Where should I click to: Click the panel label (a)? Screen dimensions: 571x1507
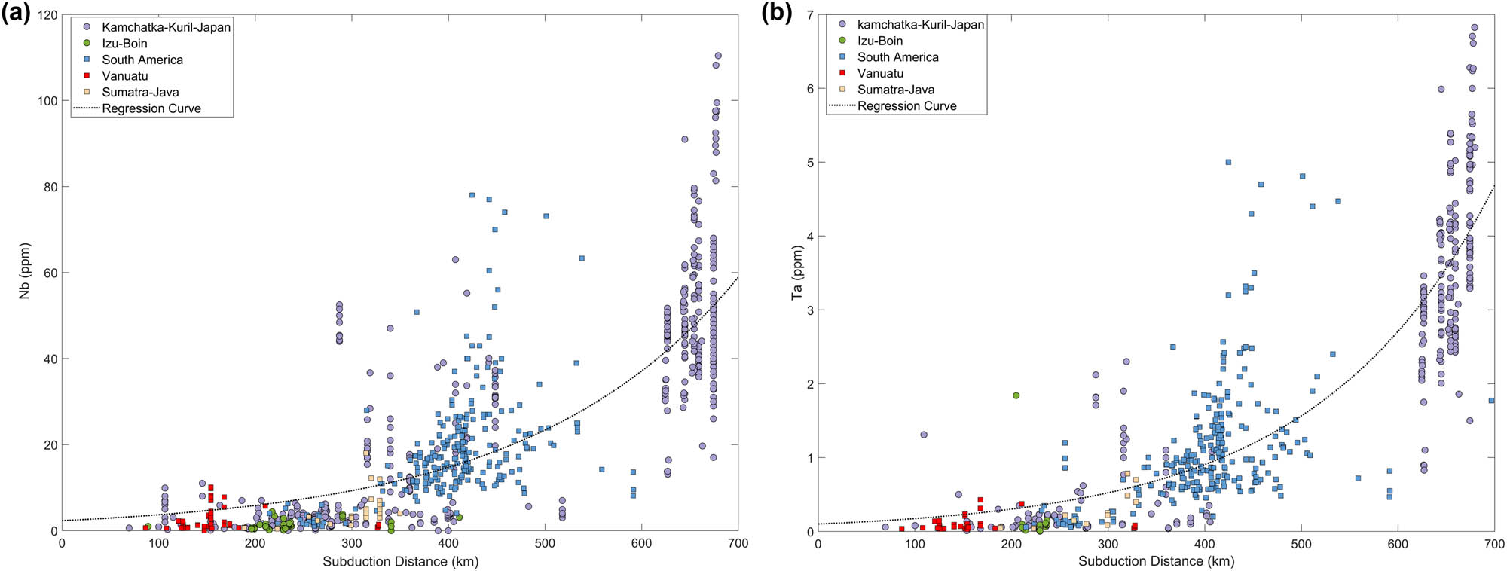(17, 13)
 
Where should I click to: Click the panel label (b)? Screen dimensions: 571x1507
(775, 13)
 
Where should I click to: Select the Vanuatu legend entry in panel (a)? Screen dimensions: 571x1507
(125, 76)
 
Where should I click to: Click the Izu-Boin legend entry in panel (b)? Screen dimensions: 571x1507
(879, 41)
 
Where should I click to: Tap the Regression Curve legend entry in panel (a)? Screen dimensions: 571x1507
(151, 108)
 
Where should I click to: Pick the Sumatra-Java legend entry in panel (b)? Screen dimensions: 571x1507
(895, 90)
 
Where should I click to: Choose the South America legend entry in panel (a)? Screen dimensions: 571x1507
(142, 60)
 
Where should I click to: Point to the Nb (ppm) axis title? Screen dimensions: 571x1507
(25, 271)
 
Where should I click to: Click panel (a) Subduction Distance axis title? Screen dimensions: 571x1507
(400, 561)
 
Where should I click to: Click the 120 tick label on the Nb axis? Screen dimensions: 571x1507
(47, 15)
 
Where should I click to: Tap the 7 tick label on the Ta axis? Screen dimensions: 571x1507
(809, 15)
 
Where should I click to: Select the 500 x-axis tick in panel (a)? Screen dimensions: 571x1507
(544, 543)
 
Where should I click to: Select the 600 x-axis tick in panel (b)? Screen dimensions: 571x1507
(1398, 543)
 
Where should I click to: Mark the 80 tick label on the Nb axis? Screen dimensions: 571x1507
(50, 187)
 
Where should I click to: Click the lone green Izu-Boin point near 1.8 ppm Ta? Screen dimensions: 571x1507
(1016, 395)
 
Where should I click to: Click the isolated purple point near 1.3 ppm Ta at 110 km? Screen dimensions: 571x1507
(924, 435)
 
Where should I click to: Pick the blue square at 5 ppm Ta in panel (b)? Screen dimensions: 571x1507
(1228, 162)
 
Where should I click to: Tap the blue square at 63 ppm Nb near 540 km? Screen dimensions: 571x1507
(582, 258)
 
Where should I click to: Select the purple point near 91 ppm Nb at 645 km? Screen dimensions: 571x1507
(684, 139)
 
